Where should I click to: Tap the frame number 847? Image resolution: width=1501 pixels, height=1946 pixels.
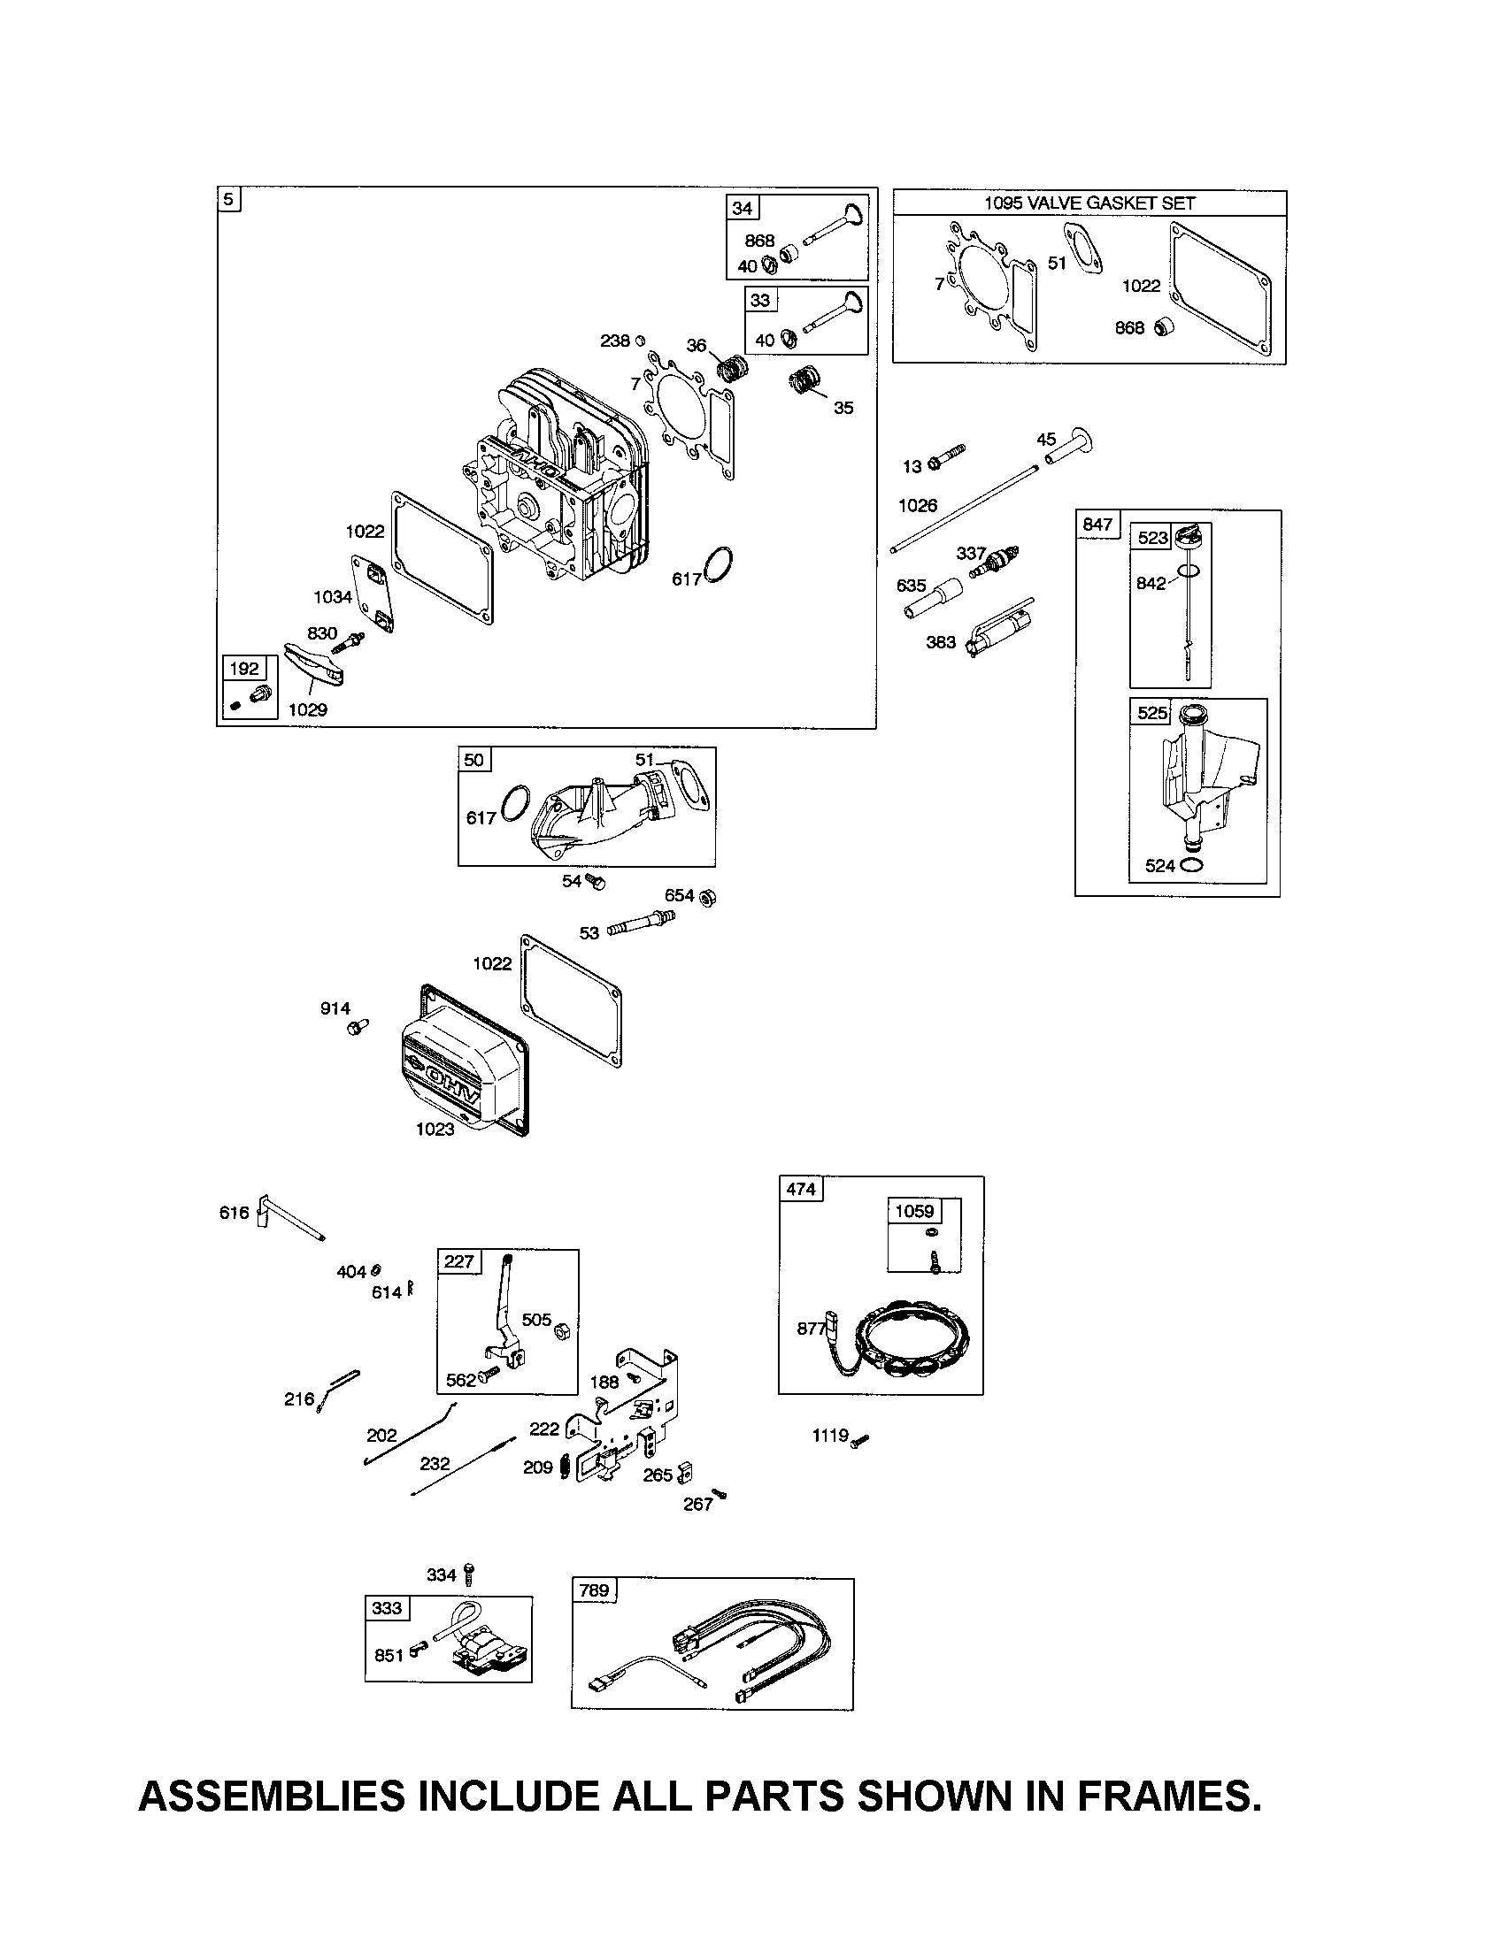pos(1097,524)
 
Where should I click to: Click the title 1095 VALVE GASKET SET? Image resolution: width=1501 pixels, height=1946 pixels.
pos(1089,203)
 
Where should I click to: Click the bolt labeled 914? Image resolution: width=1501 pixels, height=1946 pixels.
pos(358,1026)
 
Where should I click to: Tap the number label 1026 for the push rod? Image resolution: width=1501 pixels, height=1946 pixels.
pos(917,506)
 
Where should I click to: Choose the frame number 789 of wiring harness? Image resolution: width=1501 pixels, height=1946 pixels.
pos(594,1590)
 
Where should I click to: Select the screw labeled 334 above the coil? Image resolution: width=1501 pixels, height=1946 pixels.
pos(471,1575)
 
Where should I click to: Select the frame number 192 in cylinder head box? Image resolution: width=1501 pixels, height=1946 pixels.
pos(244,668)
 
